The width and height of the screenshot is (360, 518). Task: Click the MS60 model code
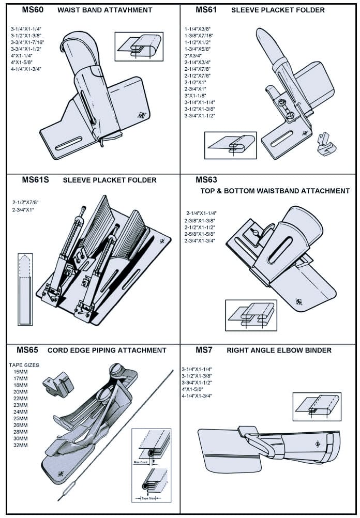tap(32, 10)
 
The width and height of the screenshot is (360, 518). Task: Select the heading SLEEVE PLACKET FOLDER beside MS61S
tap(110, 180)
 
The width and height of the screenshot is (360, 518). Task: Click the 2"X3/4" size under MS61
tap(193, 55)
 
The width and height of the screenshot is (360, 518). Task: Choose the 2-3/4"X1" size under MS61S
tap(26, 209)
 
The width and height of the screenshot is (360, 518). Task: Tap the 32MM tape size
tap(21, 445)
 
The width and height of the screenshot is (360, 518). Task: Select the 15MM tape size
tap(21, 372)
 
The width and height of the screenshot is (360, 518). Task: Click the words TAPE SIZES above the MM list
tap(24, 364)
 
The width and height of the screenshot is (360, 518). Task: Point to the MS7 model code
tap(204, 350)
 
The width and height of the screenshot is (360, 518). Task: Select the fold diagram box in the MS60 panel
tap(139, 47)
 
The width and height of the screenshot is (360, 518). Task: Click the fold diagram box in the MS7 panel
tap(317, 406)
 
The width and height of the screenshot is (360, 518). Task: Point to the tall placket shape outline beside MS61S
tap(25, 290)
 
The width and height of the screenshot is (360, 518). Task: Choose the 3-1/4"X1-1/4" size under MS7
tap(197, 369)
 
